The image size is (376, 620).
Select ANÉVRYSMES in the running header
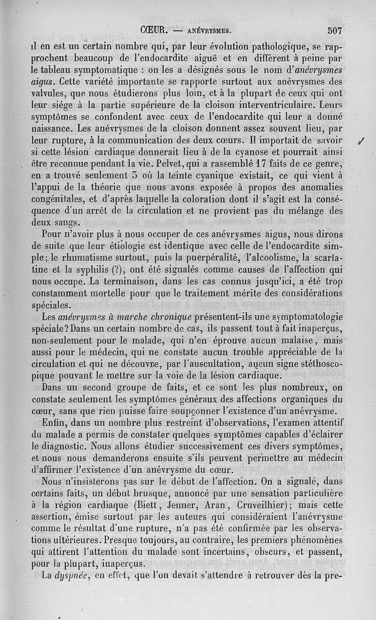click(x=208, y=32)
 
